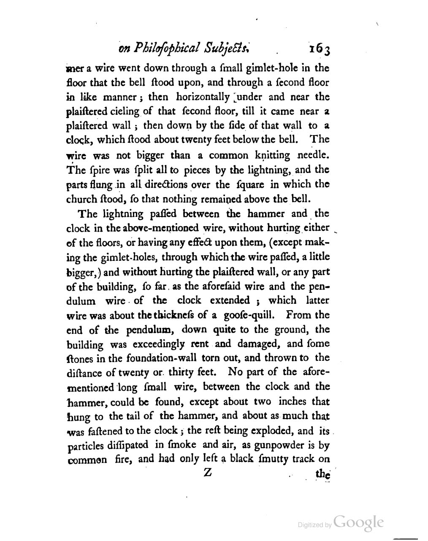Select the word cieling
tap(126, 112)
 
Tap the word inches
tap(294, 401)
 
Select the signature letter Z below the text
tap(207, 473)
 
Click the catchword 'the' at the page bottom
tap(322, 474)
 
